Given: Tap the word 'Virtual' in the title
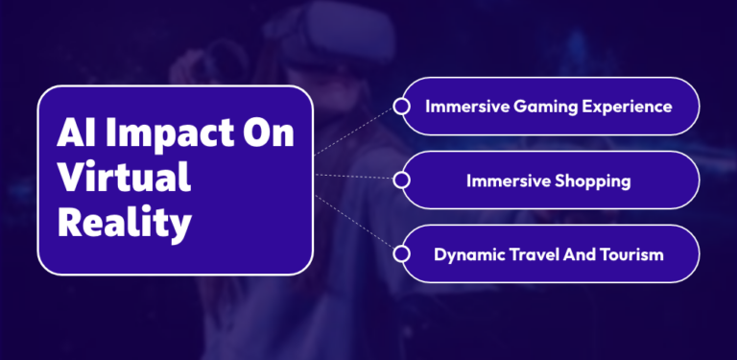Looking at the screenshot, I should [x=124, y=180].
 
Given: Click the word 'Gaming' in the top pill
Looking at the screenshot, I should [x=539, y=106].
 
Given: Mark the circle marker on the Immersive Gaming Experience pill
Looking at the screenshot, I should [x=402, y=106].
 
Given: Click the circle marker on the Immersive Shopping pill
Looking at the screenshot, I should [x=402, y=180].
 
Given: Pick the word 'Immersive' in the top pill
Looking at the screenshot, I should [x=465, y=106].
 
